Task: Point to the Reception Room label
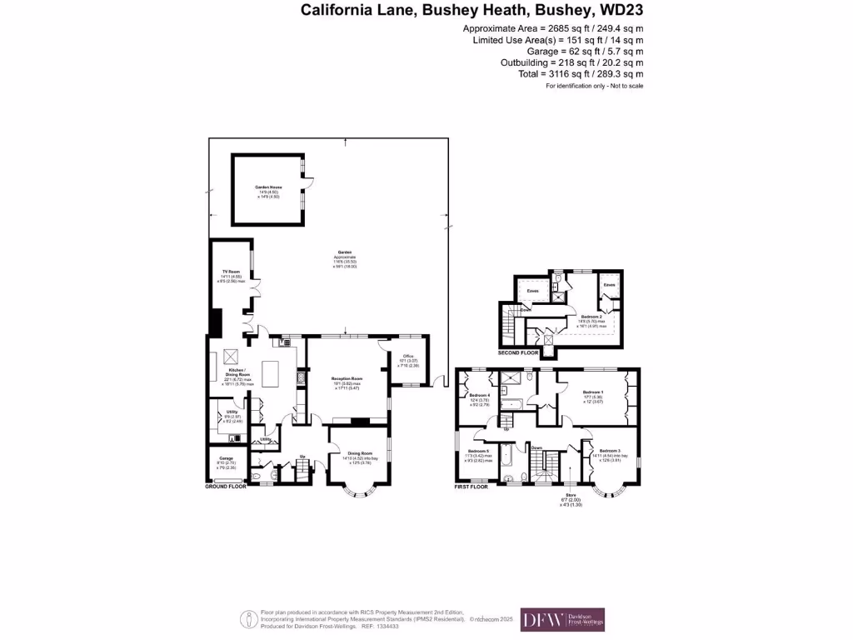pos(347,378)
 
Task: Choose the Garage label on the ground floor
pos(225,458)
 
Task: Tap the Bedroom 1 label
pos(592,392)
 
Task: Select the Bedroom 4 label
pos(478,395)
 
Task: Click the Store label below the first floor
pos(571,496)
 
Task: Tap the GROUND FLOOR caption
pos(227,486)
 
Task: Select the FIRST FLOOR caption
pos(471,486)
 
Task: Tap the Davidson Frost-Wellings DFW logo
pos(562,620)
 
